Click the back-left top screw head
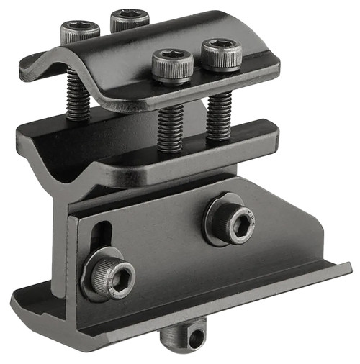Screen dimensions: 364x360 pos(79,30)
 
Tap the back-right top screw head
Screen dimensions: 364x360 pos(129,19)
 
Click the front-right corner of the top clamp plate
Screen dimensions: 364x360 pos(274,68)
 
